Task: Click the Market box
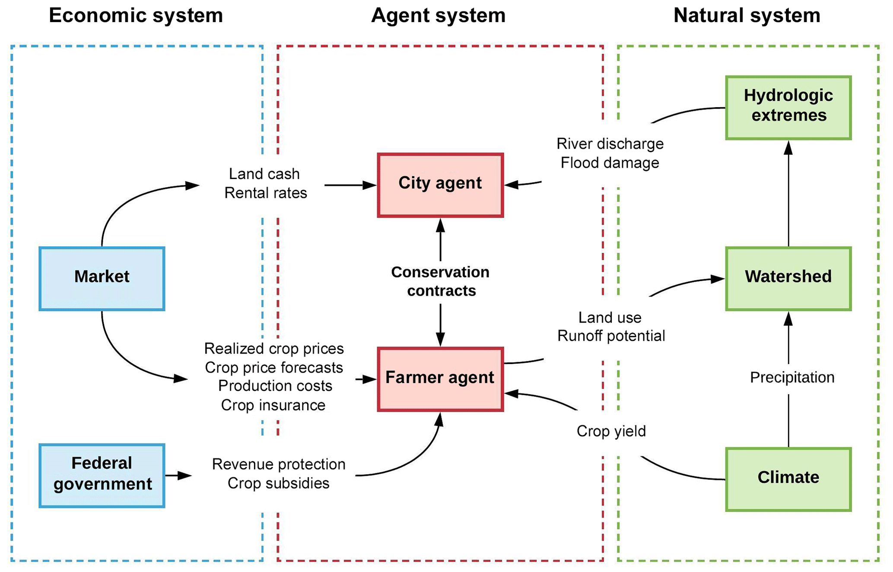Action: coord(102,278)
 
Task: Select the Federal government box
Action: coord(102,475)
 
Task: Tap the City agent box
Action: coord(440,185)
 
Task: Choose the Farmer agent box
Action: coord(440,379)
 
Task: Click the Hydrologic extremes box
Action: coord(788,108)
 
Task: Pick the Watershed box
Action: coord(788,278)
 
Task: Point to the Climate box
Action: coord(788,479)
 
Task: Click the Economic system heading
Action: coord(136,16)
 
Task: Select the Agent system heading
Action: coord(438,16)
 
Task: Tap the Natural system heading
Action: coord(747,16)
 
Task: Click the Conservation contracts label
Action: coord(441,281)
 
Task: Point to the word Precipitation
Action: coord(792,377)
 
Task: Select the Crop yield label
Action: coord(611,431)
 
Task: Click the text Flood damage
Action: coord(610,163)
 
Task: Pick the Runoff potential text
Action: coord(611,336)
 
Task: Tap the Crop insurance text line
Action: coord(273,405)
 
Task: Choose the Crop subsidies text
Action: coord(278,483)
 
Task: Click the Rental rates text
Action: coord(265,193)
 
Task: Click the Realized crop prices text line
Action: coord(274,348)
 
